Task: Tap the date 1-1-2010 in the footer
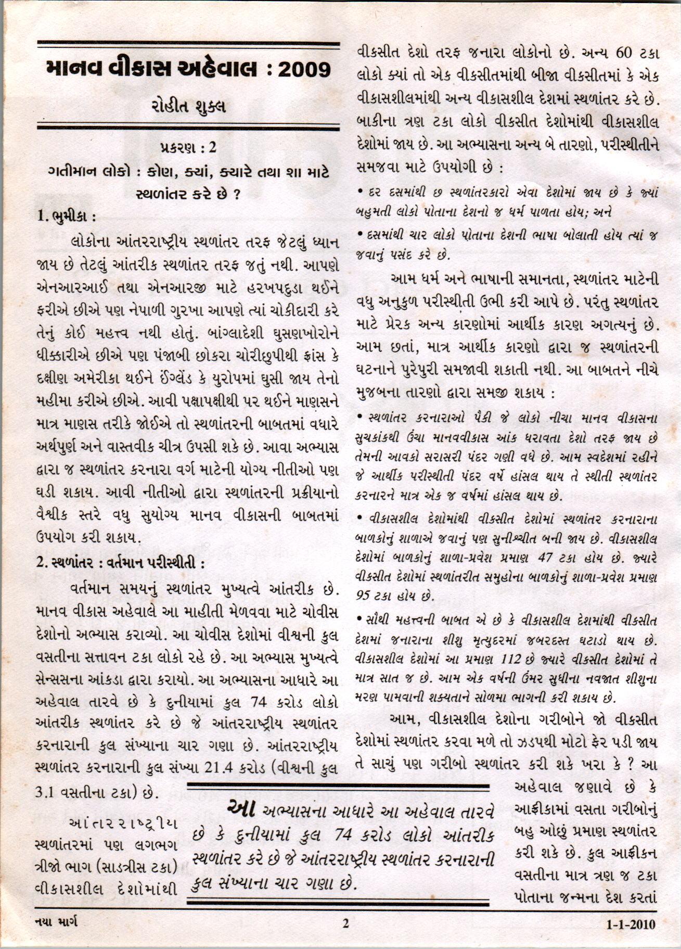click(x=631, y=925)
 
